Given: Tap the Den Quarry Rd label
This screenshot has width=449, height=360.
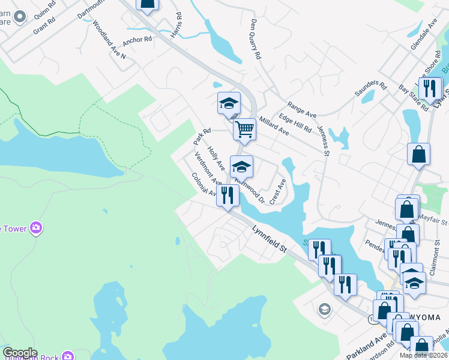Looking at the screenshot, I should pos(255,38).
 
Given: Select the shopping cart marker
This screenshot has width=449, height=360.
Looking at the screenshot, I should pos(245,129).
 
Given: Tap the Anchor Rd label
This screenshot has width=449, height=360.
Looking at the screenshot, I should pos(137,41).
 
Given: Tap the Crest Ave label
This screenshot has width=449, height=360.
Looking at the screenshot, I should pos(277,191).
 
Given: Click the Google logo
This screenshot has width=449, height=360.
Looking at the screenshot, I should pos(20,353).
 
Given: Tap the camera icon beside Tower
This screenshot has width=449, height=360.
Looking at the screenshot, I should pos(37,227).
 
